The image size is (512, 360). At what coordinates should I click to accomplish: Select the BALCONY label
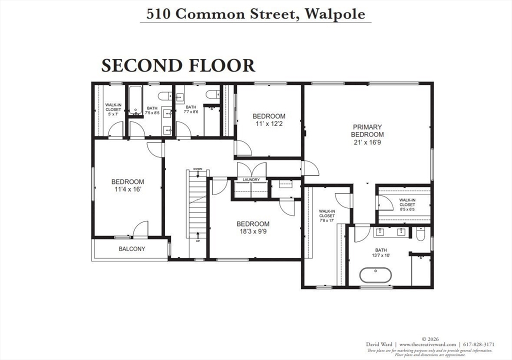coord(131,249)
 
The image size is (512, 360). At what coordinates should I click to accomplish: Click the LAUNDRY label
coord(251,179)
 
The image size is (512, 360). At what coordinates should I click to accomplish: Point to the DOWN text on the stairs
coord(198,169)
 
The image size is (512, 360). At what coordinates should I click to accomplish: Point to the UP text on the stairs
coord(198,241)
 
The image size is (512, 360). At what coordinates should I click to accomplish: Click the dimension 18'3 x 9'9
coord(252,231)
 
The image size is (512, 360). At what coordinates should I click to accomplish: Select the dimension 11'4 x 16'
coord(127,189)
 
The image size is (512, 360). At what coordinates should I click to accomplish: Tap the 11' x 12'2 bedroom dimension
coord(268,124)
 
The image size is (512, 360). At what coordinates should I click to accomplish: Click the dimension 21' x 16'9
coord(367,142)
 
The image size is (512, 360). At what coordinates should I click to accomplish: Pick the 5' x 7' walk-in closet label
coord(113,114)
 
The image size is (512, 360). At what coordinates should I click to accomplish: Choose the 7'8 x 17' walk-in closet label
coord(327,220)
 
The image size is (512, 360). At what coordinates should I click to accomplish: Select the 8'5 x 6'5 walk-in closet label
coord(407,209)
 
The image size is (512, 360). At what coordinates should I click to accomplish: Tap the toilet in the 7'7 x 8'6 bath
coord(212,94)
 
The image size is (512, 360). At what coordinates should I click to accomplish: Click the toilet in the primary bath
coord(420,233)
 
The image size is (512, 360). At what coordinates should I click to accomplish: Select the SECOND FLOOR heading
coord(178,65)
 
